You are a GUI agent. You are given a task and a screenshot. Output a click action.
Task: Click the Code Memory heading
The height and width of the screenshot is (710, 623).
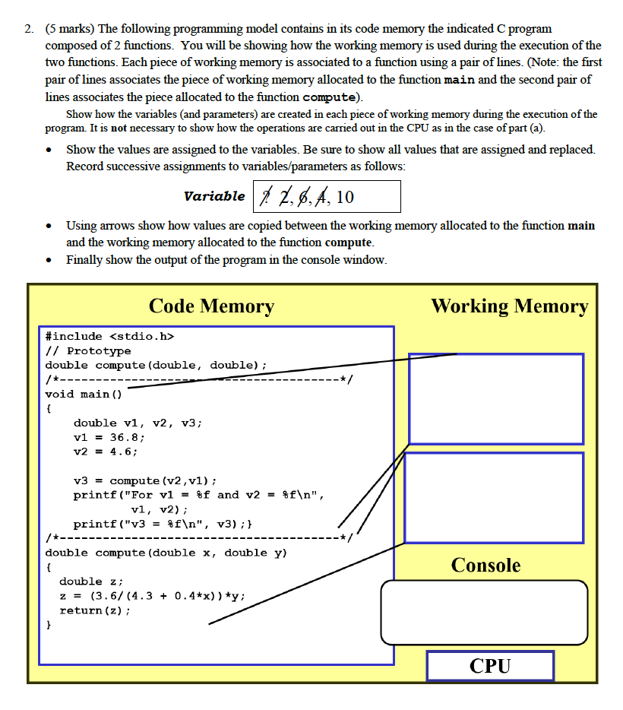tap(211, 306)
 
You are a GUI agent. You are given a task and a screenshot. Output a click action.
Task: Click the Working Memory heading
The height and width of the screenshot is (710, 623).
tap(509, 306)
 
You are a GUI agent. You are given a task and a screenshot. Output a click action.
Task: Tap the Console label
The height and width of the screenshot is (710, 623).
tap(485, 565)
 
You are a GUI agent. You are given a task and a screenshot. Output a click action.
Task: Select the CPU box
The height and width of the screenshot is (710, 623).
tap(489, 666)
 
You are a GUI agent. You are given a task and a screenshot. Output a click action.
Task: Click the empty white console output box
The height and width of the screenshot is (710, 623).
tap(484, 612)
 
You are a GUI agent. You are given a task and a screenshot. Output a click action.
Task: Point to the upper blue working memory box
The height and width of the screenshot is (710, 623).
tap(495, 398)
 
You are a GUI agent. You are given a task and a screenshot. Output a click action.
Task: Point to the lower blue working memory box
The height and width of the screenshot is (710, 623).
tap(494, 497)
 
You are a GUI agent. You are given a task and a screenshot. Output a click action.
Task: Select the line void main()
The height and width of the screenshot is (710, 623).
tap(83, 394)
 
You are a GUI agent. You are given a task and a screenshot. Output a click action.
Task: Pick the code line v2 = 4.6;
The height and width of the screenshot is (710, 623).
tap(105, 452)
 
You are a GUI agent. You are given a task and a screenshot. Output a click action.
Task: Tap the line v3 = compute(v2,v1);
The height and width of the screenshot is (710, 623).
tap(145, 480)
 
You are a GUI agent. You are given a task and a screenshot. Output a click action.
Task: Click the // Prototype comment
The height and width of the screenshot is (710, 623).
tap(87, 350)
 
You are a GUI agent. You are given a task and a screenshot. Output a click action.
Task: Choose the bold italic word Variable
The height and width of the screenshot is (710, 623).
tap(213, 196)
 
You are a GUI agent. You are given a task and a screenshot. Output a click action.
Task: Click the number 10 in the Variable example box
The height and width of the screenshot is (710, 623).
tap(344, 197)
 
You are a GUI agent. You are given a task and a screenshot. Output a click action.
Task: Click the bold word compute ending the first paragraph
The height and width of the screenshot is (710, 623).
tap(329, 97)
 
